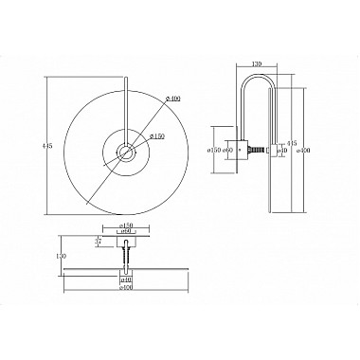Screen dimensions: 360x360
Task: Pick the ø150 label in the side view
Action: [216, 150]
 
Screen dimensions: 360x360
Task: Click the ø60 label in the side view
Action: [227, 150]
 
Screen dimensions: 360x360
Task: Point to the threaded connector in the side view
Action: [255, 150]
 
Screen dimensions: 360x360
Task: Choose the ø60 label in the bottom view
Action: [126, 231]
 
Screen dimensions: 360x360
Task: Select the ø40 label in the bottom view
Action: [126, 281]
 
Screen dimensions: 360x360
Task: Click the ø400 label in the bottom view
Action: [126, 288]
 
